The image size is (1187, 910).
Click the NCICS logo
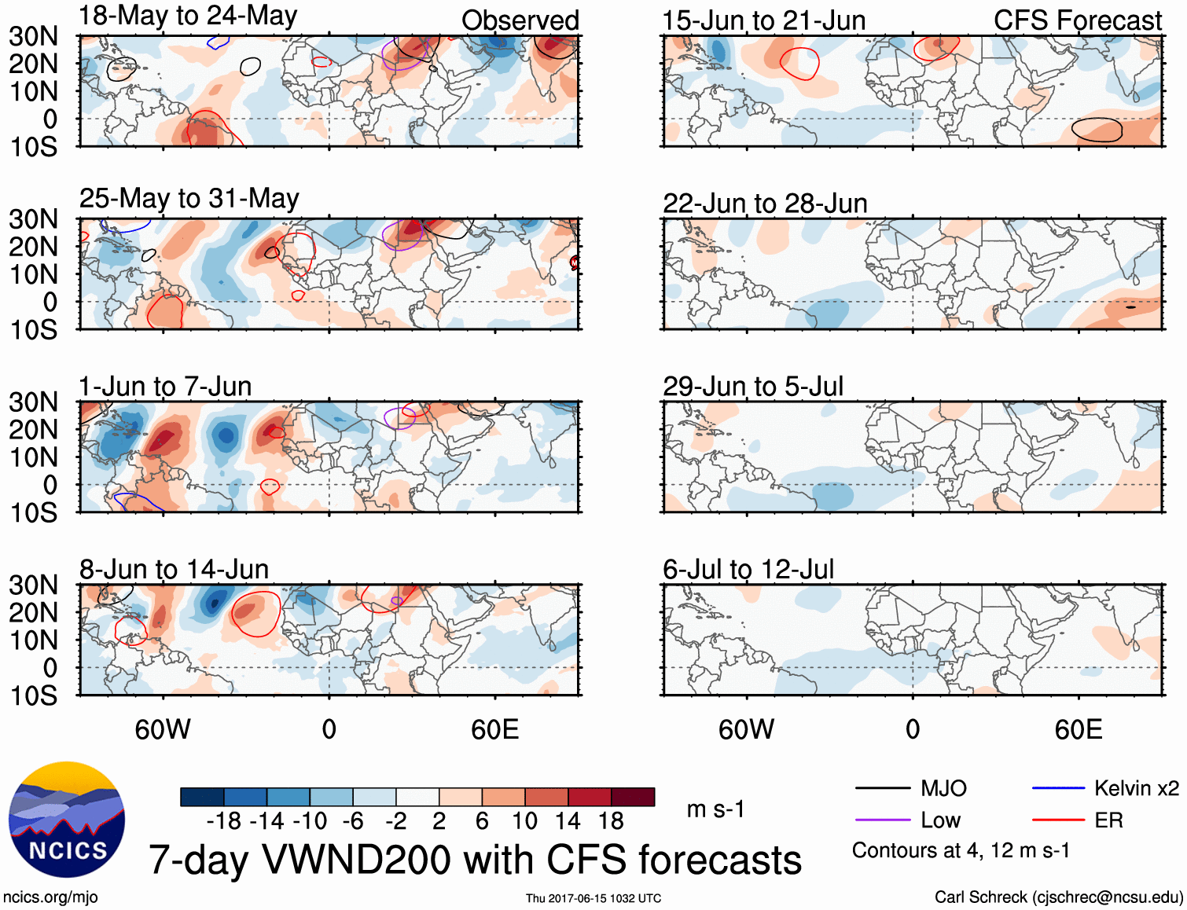pyautogui.click(x=67, y=820)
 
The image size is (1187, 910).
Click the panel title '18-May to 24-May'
pyautogui.click(x=188, y=16)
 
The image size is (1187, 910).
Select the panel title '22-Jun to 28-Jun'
pyautogui.click(x=765, y=204)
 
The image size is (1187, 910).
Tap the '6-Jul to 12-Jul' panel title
pyautogui.click(x=748, y=569)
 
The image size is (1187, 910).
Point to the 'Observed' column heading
pyautogui.click(x=520, y=20)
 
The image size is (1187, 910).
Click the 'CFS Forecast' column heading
pyautogui.click(x=1077, y=20)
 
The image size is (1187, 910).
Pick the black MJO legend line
pyautogui.click(x=882, y=788)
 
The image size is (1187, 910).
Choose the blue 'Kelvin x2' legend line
pyautogui.click(x=1058, y=788)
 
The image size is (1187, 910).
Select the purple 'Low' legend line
pyautogui.click(x=882, y=820)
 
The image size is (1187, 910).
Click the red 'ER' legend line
pyautogui.click(x=1058, y=820)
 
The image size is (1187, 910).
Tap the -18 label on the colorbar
pyautogui.click(x=224, y=821)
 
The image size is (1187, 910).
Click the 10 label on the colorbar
pyautogui.click(x=524, y=821)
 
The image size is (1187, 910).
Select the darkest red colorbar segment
pyautogui.click(x=633, y=797)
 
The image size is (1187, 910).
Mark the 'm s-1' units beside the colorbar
pyautogui.click(x=715, y=809)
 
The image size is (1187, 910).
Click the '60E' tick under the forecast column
pyautogui.click(x=1078, y=729)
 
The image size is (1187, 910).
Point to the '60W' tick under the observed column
pyautogui.click(x=163, y=729)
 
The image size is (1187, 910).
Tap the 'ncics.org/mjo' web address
pyautogui.click(x=50, y=897)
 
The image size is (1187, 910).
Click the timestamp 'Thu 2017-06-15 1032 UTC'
pyautogui.click(x=593, y=898)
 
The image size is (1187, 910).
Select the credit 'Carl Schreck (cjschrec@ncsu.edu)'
pyautogui.click(x=1058, y=897)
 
